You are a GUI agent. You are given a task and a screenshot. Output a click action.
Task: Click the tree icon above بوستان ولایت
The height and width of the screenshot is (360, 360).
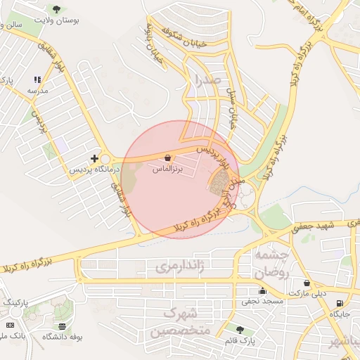pos(56,9)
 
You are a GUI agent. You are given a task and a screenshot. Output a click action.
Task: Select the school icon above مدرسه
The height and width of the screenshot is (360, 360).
pos(37,80)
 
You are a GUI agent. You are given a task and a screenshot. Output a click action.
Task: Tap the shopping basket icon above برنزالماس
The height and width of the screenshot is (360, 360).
pos(167,157)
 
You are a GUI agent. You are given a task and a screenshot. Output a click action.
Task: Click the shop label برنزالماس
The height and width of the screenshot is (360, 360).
pos(167,169)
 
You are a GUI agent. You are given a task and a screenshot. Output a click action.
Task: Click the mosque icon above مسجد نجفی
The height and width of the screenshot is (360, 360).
pos(262,290)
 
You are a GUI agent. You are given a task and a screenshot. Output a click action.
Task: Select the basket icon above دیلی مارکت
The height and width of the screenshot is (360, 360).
pos(307,283)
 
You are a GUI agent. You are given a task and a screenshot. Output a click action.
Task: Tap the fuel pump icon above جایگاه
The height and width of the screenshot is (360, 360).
pos(340,304)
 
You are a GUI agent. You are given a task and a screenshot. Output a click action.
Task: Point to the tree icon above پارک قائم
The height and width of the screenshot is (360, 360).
pos(240,329)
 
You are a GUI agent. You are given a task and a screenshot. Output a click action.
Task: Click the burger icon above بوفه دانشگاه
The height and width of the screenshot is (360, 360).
pos(63,326)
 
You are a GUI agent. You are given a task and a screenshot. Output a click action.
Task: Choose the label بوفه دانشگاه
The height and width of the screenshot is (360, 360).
pos(63,337)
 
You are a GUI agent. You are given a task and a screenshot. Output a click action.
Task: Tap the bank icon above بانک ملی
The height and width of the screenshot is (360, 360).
pos(10,325)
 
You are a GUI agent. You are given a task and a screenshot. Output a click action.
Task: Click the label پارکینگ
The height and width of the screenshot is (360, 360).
pos(17,302)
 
